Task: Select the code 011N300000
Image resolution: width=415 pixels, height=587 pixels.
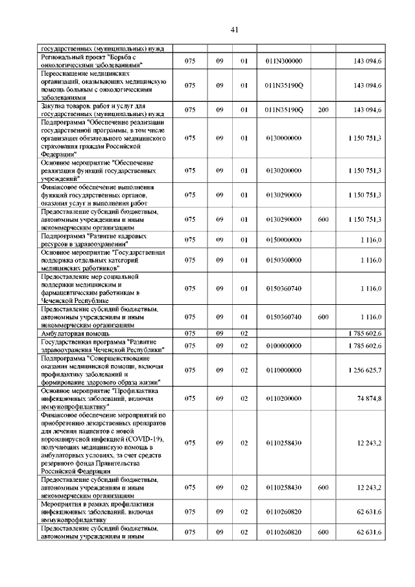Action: (283, 61)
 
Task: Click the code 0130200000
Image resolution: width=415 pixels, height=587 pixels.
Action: (283, 171)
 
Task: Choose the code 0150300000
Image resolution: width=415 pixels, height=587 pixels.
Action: (283, 260)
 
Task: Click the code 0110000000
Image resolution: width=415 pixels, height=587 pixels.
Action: (283, 370)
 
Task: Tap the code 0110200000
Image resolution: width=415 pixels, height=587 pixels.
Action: (283, 398)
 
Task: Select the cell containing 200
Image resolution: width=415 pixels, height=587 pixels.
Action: (323, 110)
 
